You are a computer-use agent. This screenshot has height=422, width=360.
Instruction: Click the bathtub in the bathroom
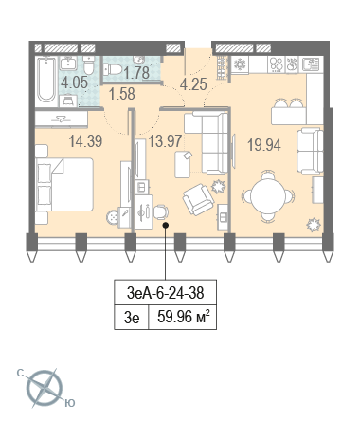(x=46, y=80)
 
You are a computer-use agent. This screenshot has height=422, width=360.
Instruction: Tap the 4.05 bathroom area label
(x=74, y=83)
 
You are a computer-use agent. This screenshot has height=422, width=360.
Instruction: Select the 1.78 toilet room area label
(x=136, y=73)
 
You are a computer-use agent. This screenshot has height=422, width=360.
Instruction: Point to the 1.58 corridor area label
(x=122, y=94)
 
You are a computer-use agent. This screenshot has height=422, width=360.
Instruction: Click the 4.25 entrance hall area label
(x=193, y=84)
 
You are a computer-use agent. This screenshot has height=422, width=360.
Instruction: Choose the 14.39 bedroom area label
(x=85, y=141)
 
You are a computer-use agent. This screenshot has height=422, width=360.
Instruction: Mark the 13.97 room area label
(x=165, y=141)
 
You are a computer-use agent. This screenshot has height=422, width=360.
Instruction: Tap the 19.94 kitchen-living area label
(x=264, y=145)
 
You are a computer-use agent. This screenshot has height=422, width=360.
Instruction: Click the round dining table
(x=268, y=196)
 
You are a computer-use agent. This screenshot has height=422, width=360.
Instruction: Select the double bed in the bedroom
(x=64, y=184)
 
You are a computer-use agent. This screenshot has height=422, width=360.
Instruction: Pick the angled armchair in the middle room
(x=198, y=199)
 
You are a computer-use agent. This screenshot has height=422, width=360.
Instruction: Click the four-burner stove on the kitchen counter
(x=277, y=64)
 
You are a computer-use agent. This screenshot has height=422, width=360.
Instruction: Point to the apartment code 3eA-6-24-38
(x=165, y=293)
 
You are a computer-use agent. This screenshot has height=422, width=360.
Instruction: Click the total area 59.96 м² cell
(x=183, y=317)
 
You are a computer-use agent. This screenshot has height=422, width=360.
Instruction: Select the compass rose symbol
(x=45, y=388)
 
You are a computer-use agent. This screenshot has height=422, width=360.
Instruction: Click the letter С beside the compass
(x=21, y=374)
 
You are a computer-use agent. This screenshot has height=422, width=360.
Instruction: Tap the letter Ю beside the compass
(x=70, y=403)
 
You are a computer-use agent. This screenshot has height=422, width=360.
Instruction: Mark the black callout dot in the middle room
(x=165, y=225)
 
